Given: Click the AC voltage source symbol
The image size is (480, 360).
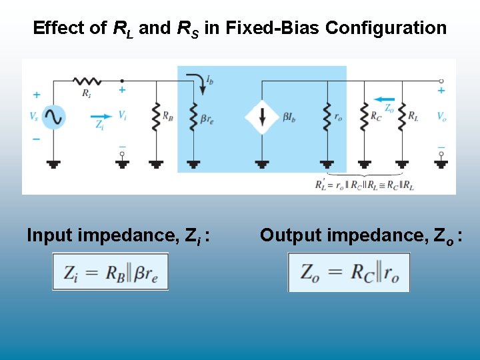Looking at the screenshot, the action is [53, 117].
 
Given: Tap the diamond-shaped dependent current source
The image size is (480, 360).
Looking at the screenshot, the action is [261, 117].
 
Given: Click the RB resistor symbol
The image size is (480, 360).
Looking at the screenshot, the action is [157, 117].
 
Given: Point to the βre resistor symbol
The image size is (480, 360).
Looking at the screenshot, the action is [193, 117].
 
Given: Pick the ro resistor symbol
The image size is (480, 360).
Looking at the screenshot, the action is [327, 117].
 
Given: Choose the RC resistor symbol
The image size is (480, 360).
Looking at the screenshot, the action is [364, 117].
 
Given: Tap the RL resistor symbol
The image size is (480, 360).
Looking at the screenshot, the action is [402, 117].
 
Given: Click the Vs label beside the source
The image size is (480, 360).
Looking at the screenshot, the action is [34, 117].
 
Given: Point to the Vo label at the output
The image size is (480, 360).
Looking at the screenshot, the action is [441, 117].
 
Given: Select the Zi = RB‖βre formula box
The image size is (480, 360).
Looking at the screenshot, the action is [111, 273].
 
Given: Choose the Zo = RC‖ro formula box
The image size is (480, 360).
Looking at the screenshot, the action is [349, 273].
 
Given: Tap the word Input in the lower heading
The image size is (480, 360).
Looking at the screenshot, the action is [50, 235].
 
